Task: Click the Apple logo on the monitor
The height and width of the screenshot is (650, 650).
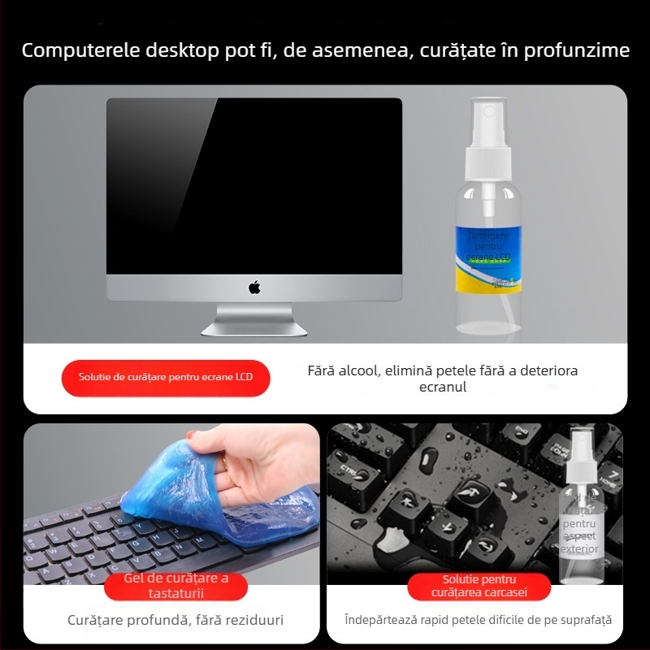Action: pyautogui.click(x=254, y=288)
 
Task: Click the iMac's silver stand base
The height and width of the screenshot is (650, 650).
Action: pyautogui.click(x=254, y=327)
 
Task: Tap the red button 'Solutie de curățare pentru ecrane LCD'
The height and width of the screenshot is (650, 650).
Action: pyautogui.click(x=166, y=377)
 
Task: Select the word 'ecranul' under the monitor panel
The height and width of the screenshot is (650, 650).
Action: pyautogui.click(x=443, y=388)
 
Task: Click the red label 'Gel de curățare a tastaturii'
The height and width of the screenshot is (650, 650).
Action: pyautogui.click(x=175, y=586)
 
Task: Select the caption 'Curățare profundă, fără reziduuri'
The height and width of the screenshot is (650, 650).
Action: pyautogui.click(x=175, y=621)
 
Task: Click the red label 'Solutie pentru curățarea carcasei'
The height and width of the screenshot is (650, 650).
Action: pyautogui.click(x=479, y=586)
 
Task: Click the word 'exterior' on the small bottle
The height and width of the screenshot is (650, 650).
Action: pyautogui.click(x=580, y=549)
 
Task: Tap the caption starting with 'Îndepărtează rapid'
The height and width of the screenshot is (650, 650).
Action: pyautogui.click(x=478, y=621)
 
